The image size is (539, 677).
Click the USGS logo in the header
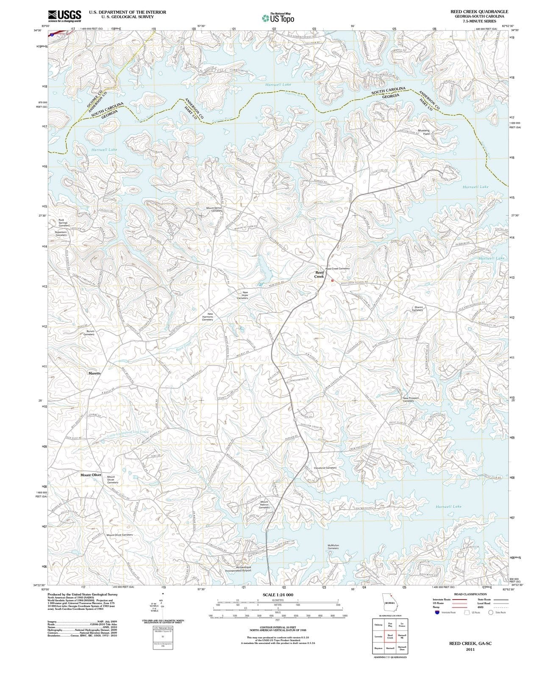(x=64, y=16)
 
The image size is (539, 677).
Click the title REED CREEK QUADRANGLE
(x=479, y=11)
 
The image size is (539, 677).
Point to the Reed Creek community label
(x=319, y=274)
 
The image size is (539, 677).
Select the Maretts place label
(x=94, y=374)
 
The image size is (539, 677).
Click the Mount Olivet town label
(x=91, y=475)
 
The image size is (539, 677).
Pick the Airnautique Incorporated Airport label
(x=238, y=569)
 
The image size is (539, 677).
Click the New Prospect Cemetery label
(x=411, y=399)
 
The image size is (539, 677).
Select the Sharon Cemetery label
(x=418, y=309)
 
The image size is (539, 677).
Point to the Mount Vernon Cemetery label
(x=214, y=209)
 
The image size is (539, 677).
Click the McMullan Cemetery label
(x=333, y=547)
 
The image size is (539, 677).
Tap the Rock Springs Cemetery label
(x=64, y=223)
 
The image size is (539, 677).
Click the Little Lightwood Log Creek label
(x=128, y=433)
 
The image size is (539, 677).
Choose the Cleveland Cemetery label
(x=325, y=468)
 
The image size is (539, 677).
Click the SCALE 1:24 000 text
(x=278, y=594)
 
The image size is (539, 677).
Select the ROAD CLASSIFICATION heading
(x=470, y=594)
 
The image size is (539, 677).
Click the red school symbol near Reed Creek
(x=332, y=280)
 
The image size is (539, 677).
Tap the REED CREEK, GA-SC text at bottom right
(x=470, y=643)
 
